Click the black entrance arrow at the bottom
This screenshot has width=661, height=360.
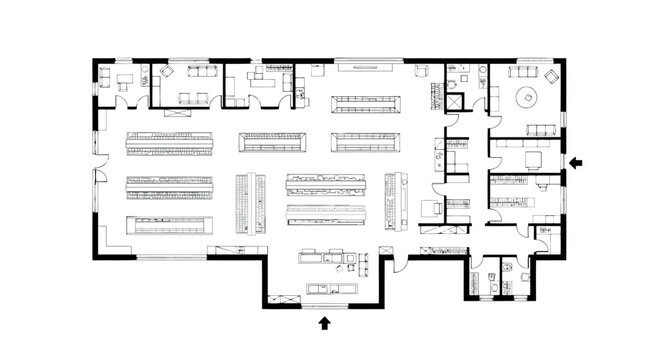(324, 322)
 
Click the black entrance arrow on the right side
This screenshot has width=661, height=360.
(576, 160)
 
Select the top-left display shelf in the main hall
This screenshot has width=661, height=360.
(169, 142)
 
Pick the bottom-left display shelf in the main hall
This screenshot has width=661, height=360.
(169, 225)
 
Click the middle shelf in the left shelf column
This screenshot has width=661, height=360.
(169, 185)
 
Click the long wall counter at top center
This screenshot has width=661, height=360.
(368, 67)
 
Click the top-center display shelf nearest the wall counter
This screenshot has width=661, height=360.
(367, 102)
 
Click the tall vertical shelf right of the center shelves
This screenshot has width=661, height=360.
(398, 200)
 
